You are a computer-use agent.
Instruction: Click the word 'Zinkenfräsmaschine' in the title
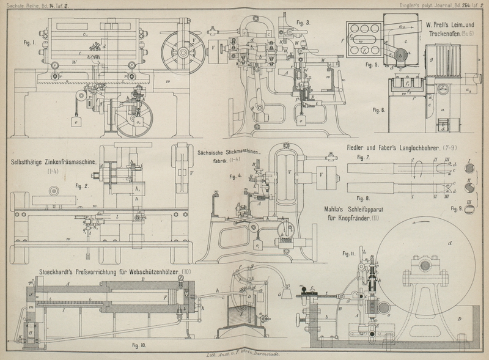65,163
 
